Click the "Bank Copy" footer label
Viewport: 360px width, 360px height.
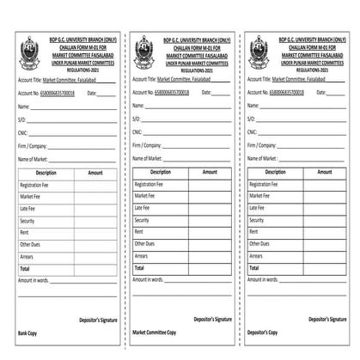click(27, 331)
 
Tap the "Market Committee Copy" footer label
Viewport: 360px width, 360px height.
click(155, 331)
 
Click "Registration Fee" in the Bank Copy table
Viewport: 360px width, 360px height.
click(34, 185)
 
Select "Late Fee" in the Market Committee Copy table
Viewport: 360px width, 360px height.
click(143, 208)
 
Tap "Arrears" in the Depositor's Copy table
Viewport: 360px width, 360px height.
click(258, 256)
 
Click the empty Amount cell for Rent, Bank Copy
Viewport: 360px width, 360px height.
click(95, 232)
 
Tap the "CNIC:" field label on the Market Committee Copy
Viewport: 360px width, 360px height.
click(137, 131)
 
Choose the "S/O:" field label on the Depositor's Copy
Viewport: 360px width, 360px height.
click(251, 119)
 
